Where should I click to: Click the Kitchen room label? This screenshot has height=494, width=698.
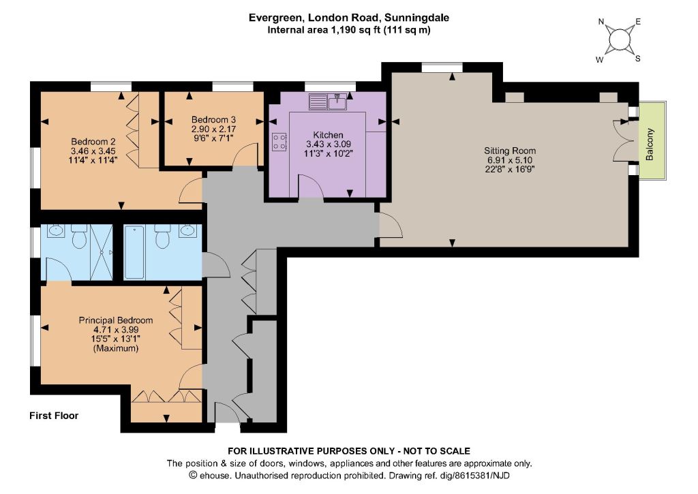(x=328, y=135)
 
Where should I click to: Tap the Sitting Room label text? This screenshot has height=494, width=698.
(x=510, y=151)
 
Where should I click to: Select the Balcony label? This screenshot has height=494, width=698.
(x=650, y=144)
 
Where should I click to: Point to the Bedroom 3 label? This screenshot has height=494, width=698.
(x=213, y=119)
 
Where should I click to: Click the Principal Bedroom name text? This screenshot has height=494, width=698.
(x=116, y=320)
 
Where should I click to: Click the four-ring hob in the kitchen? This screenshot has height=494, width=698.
(x=279, y=142)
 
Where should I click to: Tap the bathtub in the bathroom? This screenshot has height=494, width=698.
(x=134, y=252)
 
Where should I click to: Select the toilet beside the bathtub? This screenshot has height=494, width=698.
(x=162, y=237)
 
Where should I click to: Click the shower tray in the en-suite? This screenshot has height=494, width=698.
(x=102, y=252)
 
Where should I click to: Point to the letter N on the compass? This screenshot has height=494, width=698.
(x=601, y=22)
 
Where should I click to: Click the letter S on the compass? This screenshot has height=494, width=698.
(x=638, y=59)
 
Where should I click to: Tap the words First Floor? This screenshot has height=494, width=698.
(x=54, y=416)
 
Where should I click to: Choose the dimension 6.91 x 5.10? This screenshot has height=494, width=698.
(x=510, y=159)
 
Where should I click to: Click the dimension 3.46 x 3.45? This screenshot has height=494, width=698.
(x=93, y=151)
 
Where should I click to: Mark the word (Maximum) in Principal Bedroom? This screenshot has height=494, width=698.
(x=116, y=348)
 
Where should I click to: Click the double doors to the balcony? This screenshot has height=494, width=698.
(x=623, y=140)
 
